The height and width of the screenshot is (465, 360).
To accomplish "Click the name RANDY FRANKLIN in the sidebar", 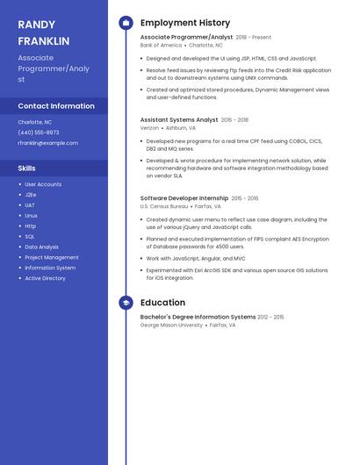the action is (x=44, y=32).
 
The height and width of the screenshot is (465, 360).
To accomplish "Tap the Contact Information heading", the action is (x=56, y=106).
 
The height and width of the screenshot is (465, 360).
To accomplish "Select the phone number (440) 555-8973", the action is (x=39, y=132).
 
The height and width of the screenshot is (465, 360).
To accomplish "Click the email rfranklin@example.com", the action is (x=47, y=143).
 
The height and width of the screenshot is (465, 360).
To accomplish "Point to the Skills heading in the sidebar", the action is (x=27, y=168).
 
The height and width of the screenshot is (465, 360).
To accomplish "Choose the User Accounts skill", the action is (x=43, y=184).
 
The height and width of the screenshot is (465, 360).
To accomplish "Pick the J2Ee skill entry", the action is (x=31, y=195).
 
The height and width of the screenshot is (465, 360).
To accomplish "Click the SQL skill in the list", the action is (x=30, y=236).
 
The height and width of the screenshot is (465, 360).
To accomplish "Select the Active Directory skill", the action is (x=45, y=278).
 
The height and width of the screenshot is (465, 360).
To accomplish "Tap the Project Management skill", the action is (x=52, y=257).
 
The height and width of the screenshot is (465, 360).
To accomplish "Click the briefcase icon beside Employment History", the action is (x=126, y=23).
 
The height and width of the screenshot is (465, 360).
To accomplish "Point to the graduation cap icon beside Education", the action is (x=126, y=303).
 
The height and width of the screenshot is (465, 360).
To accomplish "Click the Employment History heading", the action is (x=185, y=23).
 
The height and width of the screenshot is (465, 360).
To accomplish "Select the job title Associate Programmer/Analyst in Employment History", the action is (x=186, y=38).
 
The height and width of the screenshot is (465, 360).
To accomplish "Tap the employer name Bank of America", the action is (x=160, y=46).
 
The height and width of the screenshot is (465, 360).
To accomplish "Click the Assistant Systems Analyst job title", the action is (x=179, y=119).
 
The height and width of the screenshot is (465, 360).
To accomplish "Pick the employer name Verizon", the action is (x=149, y=128).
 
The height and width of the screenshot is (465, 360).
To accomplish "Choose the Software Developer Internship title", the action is (x=184, y=198).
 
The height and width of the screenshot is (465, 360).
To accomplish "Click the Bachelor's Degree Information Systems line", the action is (x=198, y=317).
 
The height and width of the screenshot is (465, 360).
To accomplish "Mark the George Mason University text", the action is (x=171, y=325).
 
